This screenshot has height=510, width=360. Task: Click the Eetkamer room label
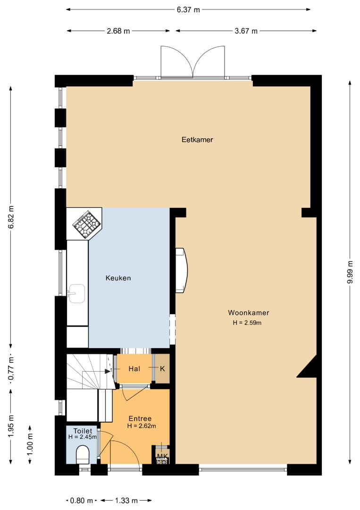197,139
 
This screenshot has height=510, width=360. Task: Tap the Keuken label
118,278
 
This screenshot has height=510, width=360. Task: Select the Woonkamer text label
249,313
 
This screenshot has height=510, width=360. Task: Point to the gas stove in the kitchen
86,224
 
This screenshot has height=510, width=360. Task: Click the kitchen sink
77,293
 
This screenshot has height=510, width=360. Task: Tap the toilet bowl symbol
83,454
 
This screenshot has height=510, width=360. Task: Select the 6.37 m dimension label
188,9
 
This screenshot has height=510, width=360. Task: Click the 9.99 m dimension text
350,272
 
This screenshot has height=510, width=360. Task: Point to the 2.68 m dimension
118,31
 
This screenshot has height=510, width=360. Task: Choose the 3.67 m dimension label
246,31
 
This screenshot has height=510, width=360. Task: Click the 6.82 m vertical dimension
11,217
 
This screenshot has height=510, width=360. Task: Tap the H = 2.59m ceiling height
247,323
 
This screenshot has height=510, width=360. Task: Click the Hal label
134,368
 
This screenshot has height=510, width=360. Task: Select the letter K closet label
162,368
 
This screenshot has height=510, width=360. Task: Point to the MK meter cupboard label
162,456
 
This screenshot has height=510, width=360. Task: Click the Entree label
140,418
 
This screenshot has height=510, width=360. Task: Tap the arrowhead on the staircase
108,371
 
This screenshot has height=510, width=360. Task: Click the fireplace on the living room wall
181,270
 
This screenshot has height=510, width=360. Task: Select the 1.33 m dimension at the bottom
126,500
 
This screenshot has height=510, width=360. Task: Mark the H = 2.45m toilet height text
83,437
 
